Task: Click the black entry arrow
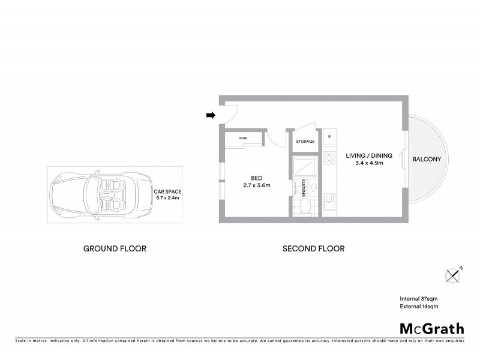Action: (211, 116)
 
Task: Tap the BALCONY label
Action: (427, 160)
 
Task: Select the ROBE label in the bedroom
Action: (243, 138)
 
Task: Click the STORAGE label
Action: (305, 142)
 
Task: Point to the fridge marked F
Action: (329, 137)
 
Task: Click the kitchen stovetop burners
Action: (329, 157)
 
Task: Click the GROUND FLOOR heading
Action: (115, 248)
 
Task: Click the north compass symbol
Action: (455, 274)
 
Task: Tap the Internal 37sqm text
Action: (419, 299)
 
